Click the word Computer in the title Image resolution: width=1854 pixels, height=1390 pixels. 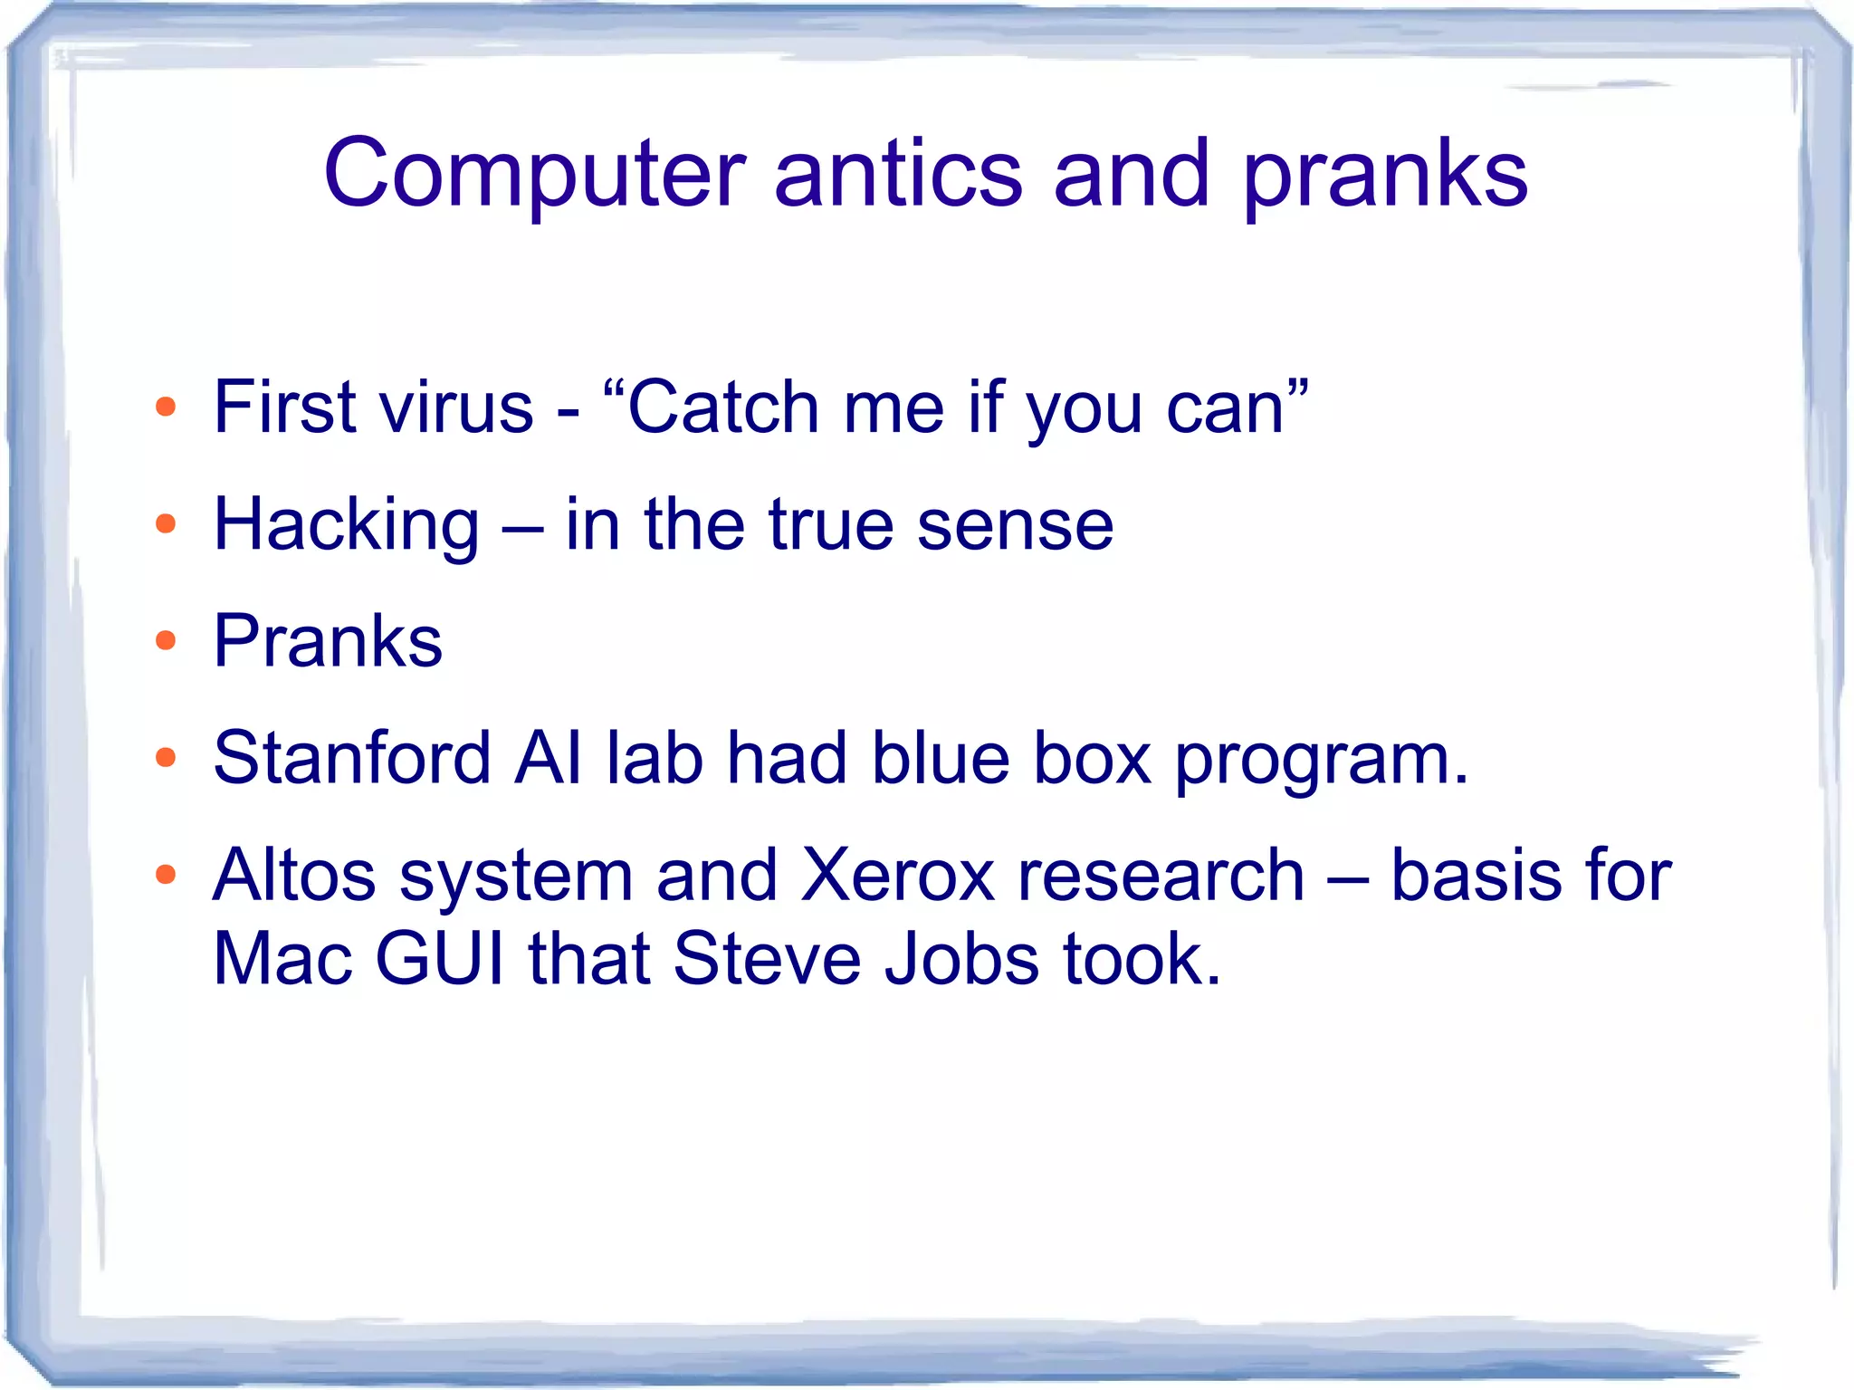coord(534,174)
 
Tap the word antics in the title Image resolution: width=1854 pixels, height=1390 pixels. coord(898,174)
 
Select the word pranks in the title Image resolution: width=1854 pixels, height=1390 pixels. coord(1385,174)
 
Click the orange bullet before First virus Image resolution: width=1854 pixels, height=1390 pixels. coord(165,407)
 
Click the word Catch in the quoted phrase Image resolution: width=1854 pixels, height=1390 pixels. coord(722,407)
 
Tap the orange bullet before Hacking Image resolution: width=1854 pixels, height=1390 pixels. coord(165,523)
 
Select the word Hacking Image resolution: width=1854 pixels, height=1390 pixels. coord(346,525)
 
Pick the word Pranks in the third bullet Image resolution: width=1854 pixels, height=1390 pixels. coord(328,641)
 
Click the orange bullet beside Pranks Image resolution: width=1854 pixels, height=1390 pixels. coord(165,641)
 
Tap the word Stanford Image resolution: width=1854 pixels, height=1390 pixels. coord(351,757)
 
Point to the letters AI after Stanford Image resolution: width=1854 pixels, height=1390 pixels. coord(548,757)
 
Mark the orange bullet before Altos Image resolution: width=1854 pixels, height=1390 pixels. coord(165,875)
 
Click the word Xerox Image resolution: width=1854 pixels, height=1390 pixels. coord(898,875)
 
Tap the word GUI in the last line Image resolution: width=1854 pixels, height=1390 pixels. coord(439,958)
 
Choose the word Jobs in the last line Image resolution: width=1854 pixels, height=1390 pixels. coord(961,958)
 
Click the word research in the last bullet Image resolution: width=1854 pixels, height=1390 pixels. coord(1161,875)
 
